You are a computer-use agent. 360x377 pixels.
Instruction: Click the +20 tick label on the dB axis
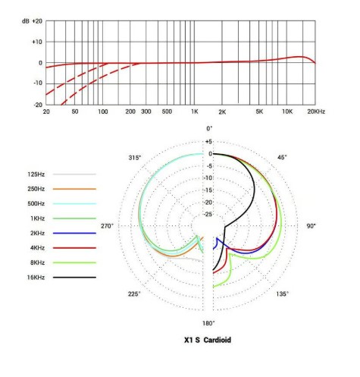pyautogui.click(x=37, y=21)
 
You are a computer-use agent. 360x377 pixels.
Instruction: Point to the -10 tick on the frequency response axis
pyautogui.click(x=37, y=83)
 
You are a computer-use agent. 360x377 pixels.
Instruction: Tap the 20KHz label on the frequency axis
pyautogui.click(x=316, y=112)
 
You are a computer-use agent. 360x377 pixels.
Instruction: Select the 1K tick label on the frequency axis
pyautogui.click(x=195, y=112)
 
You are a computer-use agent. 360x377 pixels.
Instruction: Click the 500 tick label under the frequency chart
pyautogui.click(x=167, y=112)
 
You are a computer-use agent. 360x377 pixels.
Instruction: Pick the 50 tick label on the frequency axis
pyautogui.click(x=75, y=112)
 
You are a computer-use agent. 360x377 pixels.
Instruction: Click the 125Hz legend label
pyautogui.click(x=36, y=174)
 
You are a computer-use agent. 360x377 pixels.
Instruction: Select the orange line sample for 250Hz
pyautogui.click(x=74, y=189)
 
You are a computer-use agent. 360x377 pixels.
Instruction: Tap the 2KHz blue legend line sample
pyautogui.click(x=74, y=233)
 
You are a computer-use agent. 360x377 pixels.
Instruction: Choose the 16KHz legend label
pyautogui.click(x=36, y=278)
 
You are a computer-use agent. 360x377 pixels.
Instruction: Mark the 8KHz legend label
pyautogui.click(x=37, y=262)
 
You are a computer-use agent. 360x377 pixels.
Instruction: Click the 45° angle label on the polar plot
pyautogui.click(x=282, y=157)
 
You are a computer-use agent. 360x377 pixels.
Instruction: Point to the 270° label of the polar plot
pyautogui.click(x=108, y=226)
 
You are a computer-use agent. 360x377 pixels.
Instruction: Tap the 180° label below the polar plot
pyautogui.click(x=208, y=323)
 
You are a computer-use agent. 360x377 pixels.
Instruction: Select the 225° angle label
pyautogui.click(x=134, y=294)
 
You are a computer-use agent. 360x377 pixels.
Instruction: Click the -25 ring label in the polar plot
pyautogui.click(x=208, y=215)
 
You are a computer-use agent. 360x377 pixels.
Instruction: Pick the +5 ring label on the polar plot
pyautogui.click(x=208, y=142)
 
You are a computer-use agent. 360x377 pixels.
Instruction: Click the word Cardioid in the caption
pyautogui.click(x=218, y=340)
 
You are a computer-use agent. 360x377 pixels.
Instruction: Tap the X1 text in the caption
pyautogui.click(x=189, y=340)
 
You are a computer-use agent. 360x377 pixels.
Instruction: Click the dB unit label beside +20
pyautogui.click(x=26, y=21)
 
